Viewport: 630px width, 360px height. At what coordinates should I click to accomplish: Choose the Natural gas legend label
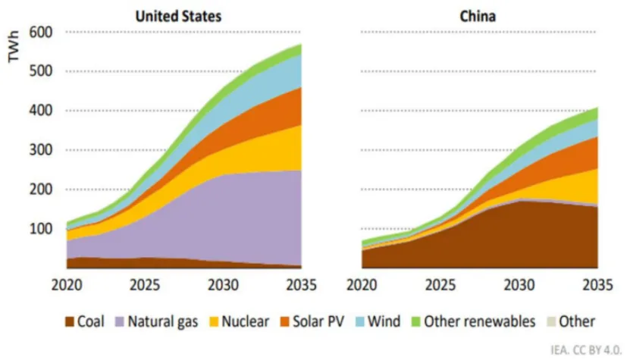(x=162, y=321)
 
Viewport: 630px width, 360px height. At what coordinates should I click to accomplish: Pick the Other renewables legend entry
(x=473, y=321)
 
